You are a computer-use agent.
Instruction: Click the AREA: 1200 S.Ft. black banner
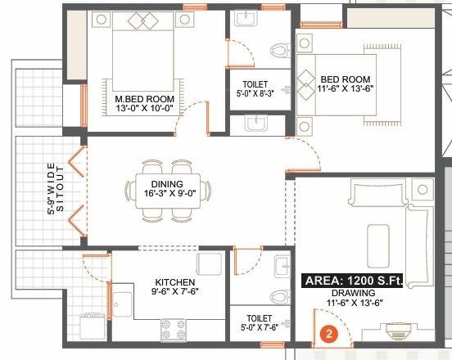(x=354, y=281)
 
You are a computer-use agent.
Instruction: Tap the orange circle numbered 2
(x=328, y=334)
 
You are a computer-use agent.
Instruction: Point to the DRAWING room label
(x=354, y=293)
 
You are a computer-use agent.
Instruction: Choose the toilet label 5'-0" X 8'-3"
(x=254, y=89)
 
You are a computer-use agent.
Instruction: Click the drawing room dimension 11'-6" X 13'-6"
(x=354, y=304)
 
